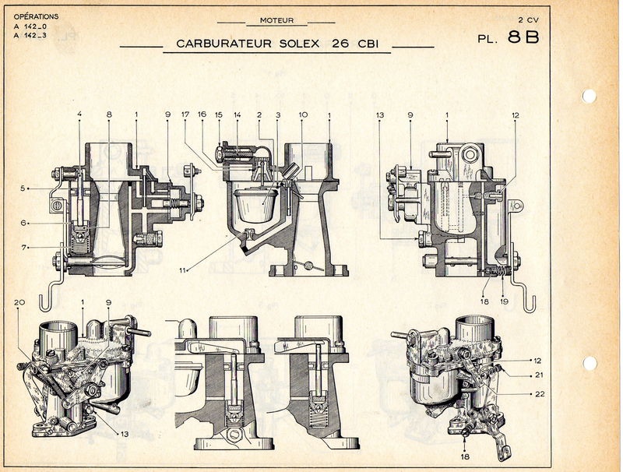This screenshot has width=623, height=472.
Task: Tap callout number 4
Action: pyautogui.click(x=79, y=115)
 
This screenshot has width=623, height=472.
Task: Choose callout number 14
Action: pyautogui.click(x=237, y=115)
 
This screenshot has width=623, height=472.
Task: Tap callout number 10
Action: pyautogui.click(x=303, y=115)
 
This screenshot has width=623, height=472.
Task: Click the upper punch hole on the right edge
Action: pyautogui.click(x=590, y=96)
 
